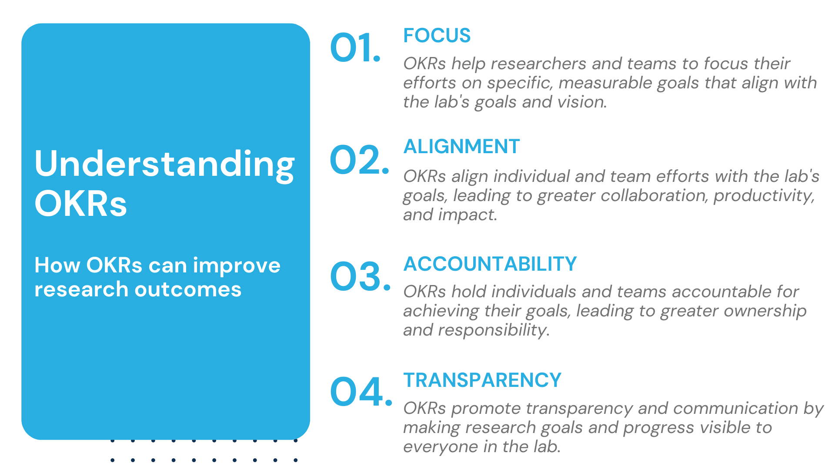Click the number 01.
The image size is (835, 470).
coord(355,47)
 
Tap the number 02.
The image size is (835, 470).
coord(359,160)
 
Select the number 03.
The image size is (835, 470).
coord(360,276)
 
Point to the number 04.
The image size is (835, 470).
coord(361,392)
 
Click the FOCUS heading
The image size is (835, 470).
coord(437,36)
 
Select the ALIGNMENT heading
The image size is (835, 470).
coord(461,146)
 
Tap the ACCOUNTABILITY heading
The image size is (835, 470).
coord(490,264)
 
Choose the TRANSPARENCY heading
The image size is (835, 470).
coord(482,380)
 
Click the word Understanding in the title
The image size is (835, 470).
coord(165,164)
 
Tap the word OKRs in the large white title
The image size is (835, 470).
coord(81,203)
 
